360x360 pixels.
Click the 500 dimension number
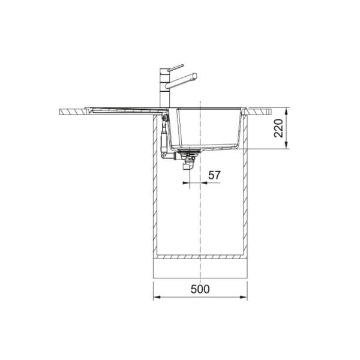click(x=200, y=289)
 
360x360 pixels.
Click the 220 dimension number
click(x=278, y=128)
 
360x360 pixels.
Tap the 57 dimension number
click(x=214, y=175)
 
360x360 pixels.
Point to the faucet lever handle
click(x=176, y=67)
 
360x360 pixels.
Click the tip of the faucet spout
click(x=196, y=76)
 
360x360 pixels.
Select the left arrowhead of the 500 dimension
click(x=157, y=297)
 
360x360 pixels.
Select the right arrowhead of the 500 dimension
click(x=244, y=297)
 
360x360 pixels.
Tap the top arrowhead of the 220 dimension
click(x=286, y=112)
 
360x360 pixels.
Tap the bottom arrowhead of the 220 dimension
click(x=286, y=145)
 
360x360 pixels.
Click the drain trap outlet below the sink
click(x=187, y=166)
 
